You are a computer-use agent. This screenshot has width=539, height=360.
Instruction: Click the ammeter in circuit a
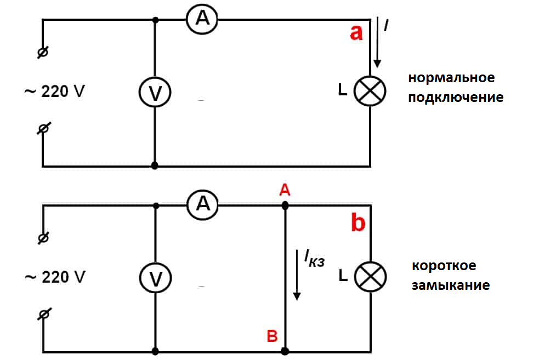tap(202, 19)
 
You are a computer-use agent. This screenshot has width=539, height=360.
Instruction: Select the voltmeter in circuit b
tap(156, 278)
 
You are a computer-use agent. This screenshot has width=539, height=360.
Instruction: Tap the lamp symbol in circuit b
tap(370, 277)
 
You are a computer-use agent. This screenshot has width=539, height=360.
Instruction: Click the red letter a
tap(356, 33)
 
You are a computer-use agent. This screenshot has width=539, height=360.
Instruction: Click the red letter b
tap(358, 223)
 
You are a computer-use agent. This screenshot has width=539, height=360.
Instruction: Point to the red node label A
tap(285, 190)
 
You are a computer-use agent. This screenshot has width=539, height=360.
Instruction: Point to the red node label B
tap(272, 336)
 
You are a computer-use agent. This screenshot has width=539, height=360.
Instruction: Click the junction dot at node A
tap(285, 205)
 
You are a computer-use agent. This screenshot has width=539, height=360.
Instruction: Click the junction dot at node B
tap(285, 351)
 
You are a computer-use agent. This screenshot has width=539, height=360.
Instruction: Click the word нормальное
tap(451, 78)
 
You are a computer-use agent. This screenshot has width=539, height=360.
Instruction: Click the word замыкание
tap(451, 285)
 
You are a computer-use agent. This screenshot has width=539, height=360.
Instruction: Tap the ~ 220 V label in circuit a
tap(55, 91)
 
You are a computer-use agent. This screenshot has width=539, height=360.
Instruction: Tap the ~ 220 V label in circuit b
tap(55, 277)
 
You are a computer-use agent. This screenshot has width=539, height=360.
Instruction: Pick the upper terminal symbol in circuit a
tap(43, 53)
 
